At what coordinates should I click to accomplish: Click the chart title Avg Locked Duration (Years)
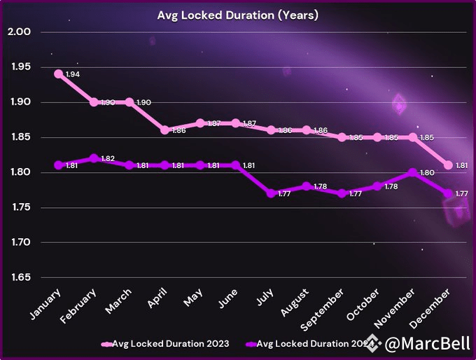pos(237,15)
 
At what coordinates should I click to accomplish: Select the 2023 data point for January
pos(58,74)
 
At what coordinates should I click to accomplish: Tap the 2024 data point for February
pos(94,158)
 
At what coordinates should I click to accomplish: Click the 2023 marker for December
pos(448,165)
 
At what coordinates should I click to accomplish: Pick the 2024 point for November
pos(412,172)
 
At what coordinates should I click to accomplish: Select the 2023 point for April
pos(164,130)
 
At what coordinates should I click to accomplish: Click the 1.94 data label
pos(72,74)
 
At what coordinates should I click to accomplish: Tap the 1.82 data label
pos(108,159)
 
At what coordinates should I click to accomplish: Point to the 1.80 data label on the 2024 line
pos(426,173)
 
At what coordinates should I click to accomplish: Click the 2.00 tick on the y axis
pos(19,32)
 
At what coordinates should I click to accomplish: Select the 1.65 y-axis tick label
pos(19,278)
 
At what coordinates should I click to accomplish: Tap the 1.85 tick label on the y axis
pos(19,137)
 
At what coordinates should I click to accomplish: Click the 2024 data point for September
pos(342,193)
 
